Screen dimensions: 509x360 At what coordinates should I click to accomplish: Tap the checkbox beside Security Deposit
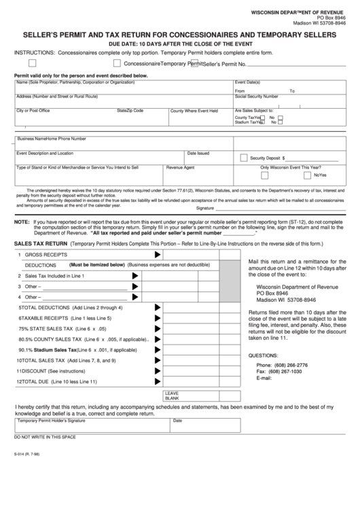click(x=244, y=157)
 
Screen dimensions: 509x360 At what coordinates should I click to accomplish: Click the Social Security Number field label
click(x=256, y=96)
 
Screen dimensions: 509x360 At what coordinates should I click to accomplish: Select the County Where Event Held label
click(x=194, y=111)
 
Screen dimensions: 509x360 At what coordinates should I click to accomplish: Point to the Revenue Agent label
click(x=180, y=167)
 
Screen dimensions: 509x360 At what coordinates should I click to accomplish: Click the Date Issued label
click(x=198, y=153)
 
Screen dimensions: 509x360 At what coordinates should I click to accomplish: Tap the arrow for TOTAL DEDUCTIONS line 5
click(x=158, y=308)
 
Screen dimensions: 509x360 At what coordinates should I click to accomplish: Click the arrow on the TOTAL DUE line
click(x=158, y=381)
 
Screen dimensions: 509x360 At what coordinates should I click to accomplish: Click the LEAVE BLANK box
click(x=173, y=396)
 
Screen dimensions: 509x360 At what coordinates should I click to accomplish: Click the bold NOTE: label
click(x=22, y=222)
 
